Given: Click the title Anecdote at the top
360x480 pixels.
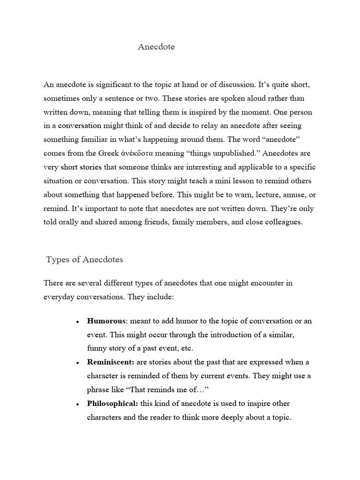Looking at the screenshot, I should pyautogui.click(x=156, y=47).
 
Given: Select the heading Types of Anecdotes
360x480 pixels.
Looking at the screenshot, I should pyautogui.click(x=84, y=260).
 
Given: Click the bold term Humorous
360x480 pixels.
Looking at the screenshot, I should pyautogui.click(x=106, y=321).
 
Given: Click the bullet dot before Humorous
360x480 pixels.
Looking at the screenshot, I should pyautogui.click(x=76, y=322).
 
